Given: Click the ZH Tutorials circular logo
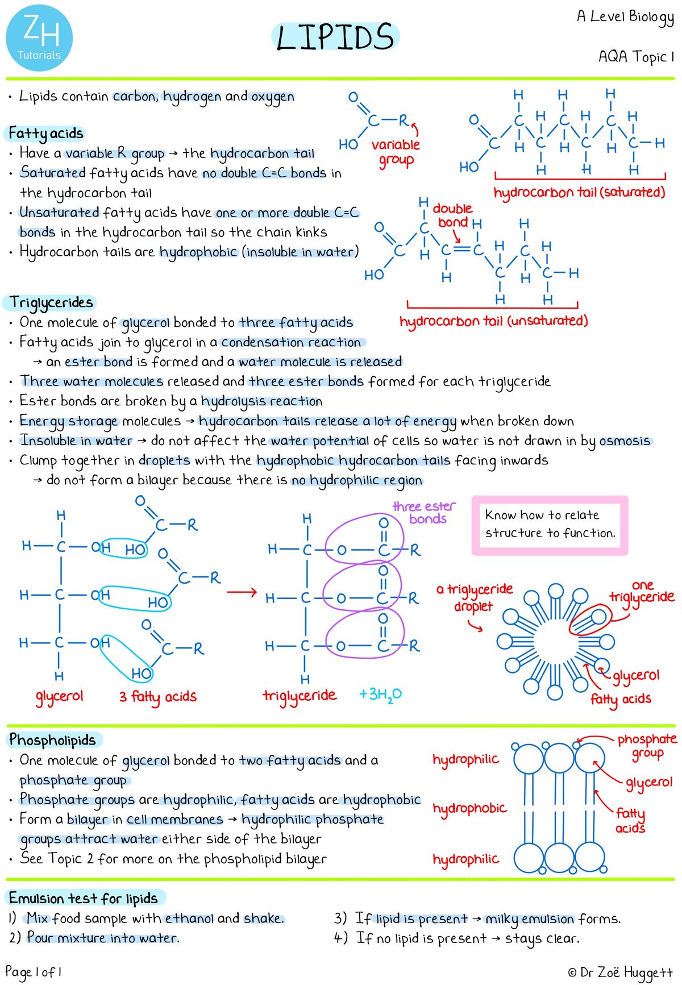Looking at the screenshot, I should click(39, 38).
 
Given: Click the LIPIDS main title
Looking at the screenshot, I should click(335, 37).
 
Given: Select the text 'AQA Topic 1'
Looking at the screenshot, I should click(636, 57).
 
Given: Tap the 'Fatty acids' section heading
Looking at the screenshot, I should click(46, 134).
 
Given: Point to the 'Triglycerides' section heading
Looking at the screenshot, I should click(51, 302).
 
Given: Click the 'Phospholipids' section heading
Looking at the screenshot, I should click(52, 740).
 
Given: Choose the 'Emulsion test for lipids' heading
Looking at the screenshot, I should click(84, 899).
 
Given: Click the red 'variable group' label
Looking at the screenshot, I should click(396, 152).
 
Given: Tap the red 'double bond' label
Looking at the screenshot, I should click(452, 215).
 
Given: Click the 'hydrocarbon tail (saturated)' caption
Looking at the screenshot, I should click(579, 193).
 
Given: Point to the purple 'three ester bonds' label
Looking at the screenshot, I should click(425, 512).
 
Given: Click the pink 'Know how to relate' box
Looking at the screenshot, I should click(550, 525).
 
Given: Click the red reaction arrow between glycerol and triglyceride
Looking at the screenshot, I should click(242, 593).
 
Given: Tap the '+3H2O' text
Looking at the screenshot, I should click(380, 695).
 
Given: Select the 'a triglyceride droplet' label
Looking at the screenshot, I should click(474, 597).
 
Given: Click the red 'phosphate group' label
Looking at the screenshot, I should click(647, 746).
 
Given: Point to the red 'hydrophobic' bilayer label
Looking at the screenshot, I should click(469, 808).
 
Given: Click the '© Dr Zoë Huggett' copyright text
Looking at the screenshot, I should click(620, 972).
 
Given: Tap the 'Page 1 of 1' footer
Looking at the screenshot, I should click(33, 972).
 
